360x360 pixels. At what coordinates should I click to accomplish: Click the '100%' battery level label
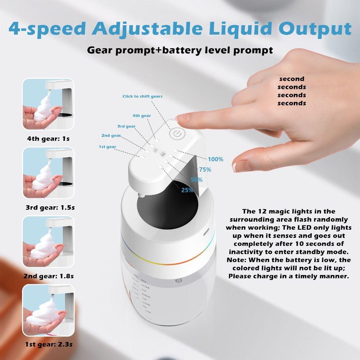[x=215, y=159]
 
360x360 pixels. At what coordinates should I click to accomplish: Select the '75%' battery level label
[x=205, y=170]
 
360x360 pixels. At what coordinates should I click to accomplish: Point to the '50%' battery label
[x=197, y=180]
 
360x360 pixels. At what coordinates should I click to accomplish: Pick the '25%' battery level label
[x=187, y=190]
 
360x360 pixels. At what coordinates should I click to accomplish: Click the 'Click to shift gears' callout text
[x=143, y=96]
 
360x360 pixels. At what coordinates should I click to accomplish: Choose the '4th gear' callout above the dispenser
[x=141, y=116]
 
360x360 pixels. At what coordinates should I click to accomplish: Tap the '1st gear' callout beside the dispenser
[x=107, y=147]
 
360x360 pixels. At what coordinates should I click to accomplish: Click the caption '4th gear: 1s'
[x=48, y=138]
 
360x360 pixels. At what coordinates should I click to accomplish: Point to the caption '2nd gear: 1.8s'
[x=48, y=276]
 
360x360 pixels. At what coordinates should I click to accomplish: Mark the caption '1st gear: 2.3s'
[x=48, y=345]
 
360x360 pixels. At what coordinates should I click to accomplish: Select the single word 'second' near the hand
[x=292, y=79]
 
